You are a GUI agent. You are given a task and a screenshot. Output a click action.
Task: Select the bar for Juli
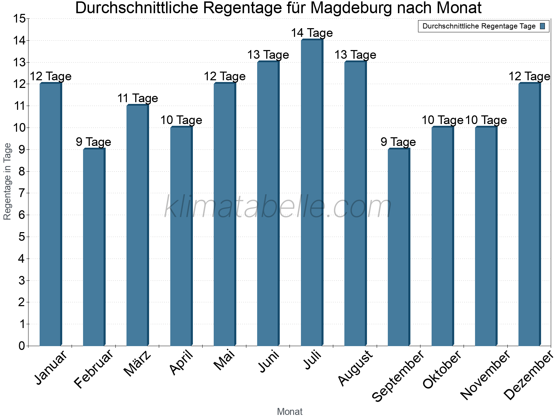click(x=312, y=193)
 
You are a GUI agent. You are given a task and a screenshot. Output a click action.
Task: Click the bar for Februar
click(x=94, y=247)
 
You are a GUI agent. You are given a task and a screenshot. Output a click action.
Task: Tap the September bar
click(x=399, y=247)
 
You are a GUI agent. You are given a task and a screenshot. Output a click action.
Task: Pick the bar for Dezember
click(x=529, y=214)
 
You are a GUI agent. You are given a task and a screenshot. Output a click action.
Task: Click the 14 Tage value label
click(x=312, y=33)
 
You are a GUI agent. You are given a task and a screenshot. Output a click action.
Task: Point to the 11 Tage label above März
click(x=138, y=98)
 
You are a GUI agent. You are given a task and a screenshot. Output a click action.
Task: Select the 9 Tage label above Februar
click(x=93, y=142)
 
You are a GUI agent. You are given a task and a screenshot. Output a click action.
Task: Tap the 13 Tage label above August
click(x=355, y=55)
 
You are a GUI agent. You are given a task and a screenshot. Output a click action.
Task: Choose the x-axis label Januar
click(x=51, y=368)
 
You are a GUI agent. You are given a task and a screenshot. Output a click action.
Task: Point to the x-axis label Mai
click(x=224, y=360)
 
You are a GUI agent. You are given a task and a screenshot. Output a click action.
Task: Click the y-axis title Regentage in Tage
click(x=8, y=181)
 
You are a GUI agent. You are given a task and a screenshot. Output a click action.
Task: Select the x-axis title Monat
click(x=289, y=412)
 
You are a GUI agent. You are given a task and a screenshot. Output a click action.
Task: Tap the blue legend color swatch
click(x=542, y=26)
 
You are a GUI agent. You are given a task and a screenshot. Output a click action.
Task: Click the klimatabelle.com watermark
click(x=278, y=207)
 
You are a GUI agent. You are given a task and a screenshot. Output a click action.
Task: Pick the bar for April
click(x=181, y=236)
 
